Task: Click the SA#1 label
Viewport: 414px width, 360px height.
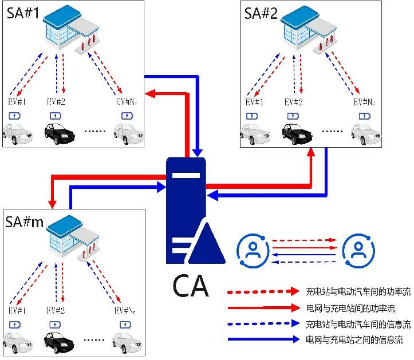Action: tap(23, 14)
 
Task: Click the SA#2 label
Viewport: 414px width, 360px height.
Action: tap(261, 14)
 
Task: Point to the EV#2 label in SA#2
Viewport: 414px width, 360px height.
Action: tap(294, 102)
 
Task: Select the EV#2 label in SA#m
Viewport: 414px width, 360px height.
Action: tap(56, 311)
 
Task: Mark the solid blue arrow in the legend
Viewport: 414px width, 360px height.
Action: tap(264, 339)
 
